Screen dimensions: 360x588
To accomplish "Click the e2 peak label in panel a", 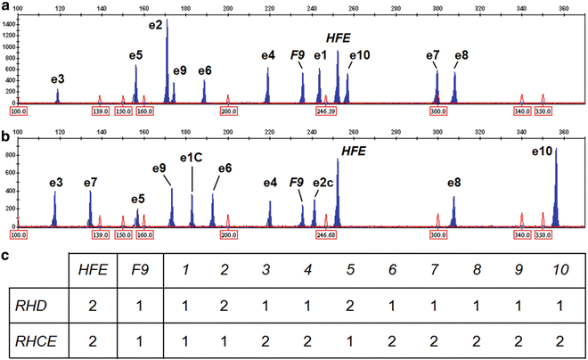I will coord(155,23).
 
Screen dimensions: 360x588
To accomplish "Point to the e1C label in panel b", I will coord(192,158).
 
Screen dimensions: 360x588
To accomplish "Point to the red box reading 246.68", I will coord(325,234).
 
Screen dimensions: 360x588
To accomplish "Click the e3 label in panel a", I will coord(58,79).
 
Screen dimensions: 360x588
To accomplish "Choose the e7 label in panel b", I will coord(90,183).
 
